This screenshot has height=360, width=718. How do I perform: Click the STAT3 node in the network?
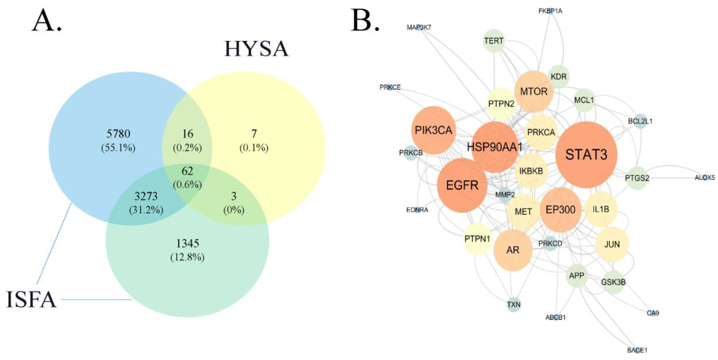pyautogui.click(x=586, y=155)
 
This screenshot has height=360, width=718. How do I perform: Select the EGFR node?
pyautogui.click(x=462, y=185)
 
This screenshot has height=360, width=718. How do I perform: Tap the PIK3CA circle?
pyautogui.click(x=433, y=130)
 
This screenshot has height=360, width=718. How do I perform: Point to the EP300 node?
pyautogui.click(x=560, y=210)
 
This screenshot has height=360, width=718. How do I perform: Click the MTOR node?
pyautogui.click(x=534, y=91)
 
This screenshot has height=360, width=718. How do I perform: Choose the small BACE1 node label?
pyautogui.click(x=637, y=350)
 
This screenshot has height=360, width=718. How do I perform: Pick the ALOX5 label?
pyautogui.click(x=705, y=177)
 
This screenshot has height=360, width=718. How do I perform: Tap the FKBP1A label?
pyautogui.click(x=550, y=11)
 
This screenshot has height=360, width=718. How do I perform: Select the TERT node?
pyautogui.click(x=494, y=41)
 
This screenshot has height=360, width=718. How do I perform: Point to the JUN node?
pyautogui.click(x=612, y=244)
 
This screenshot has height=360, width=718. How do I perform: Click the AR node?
pyautogui.click(x=513, y=250)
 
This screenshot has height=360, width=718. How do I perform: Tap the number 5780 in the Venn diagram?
pyautogui.click(x=118, y=134)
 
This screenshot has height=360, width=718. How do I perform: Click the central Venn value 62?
pyautogui.click(x=187, y=171)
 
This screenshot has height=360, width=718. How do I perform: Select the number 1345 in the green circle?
pyautogui.click(x=188, y=243)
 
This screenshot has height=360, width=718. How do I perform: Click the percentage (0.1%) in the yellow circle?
pyautogui.click(x=254, y=148)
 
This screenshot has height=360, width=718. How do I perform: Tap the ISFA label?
pyautogui.click(x=31, y=300)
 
